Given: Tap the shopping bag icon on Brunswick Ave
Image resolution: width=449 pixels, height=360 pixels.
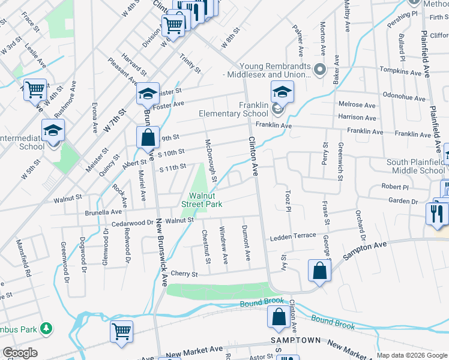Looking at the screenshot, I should pos(148,137).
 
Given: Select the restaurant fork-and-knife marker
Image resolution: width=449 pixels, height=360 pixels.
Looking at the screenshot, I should pos(436,213).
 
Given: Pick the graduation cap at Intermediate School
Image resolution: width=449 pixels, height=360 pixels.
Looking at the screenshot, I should pos(53,130).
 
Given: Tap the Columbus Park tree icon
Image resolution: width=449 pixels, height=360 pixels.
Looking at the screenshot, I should pos(46,328).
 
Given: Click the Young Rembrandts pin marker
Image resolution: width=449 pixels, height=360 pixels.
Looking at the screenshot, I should pos(320,70).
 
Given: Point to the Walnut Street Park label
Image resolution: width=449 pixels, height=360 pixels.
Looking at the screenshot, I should pos(206,200).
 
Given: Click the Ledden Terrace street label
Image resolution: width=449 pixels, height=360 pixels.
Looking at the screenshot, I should pos(292,236).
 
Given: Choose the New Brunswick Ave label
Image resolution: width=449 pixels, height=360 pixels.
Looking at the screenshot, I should pos(161,252).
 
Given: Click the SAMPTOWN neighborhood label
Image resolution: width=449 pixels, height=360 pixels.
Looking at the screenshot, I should pos(294,340).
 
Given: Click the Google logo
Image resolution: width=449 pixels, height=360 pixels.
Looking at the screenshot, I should pos(20,353).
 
